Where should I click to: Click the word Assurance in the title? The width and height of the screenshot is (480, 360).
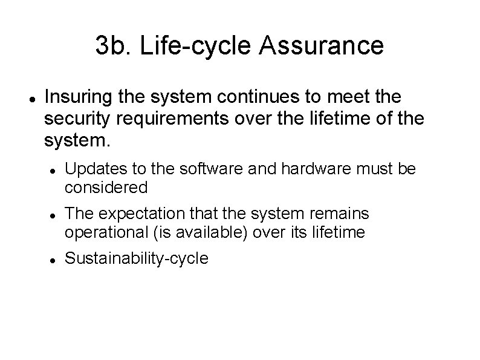323,46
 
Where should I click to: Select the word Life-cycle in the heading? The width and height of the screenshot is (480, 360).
196,46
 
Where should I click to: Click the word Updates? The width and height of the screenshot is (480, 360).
91,169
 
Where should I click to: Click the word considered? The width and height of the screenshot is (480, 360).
106,188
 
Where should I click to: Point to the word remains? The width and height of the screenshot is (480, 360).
339,214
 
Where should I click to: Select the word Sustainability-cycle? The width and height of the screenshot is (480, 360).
137,259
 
